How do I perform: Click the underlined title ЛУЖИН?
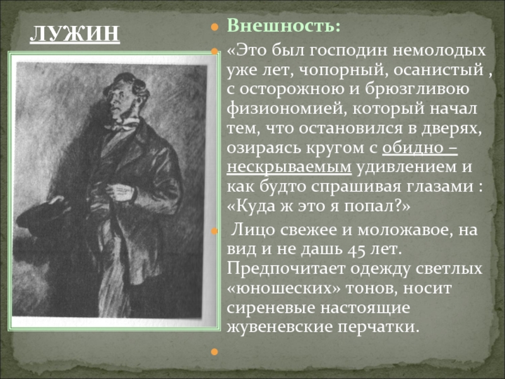[x=74, y=34]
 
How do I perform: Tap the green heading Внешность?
[x=283, y=26]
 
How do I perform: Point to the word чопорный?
[x=342, y=70]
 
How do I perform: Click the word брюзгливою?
[x=417, y=90]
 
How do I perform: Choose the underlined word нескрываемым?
[x=289, y=167]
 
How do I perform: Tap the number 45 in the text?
[x=356, y=250]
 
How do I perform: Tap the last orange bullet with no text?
[x=215, y=352]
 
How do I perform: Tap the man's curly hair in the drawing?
[x=128, y=83]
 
